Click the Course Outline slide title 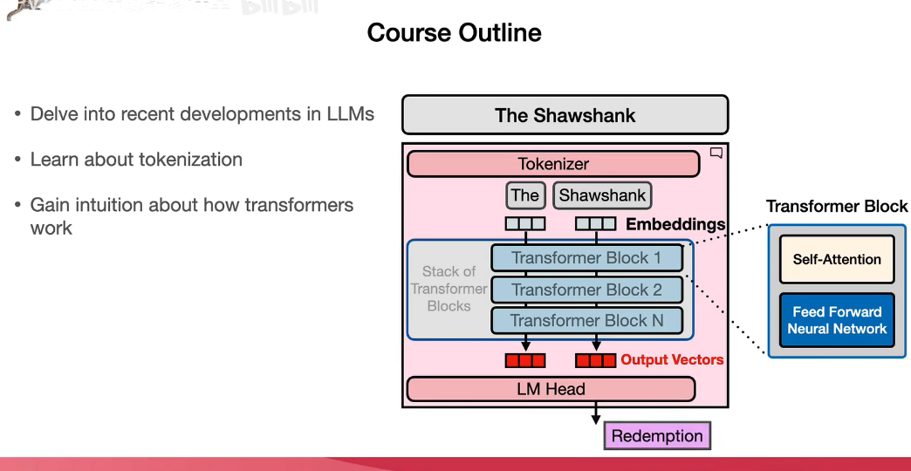tap(454, 33)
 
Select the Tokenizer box tap(553, 164)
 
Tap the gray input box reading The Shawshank tap(565, 115)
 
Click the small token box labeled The tap(525, 195)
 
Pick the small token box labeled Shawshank tap(602, 195)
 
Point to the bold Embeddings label tap(675, 224)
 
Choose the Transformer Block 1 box tap(586, 258)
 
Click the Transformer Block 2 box tap(586, 290)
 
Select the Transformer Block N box tap(586, 321)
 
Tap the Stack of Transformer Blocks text tap(449, 289)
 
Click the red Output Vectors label tap(672, 359)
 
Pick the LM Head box tap(551, 389)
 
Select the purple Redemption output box tap(657, 436)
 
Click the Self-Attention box tap(837, 259)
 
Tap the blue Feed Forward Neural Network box tap(837, 320)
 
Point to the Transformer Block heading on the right tap(837, 207)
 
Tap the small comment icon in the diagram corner tap(716, 154)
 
